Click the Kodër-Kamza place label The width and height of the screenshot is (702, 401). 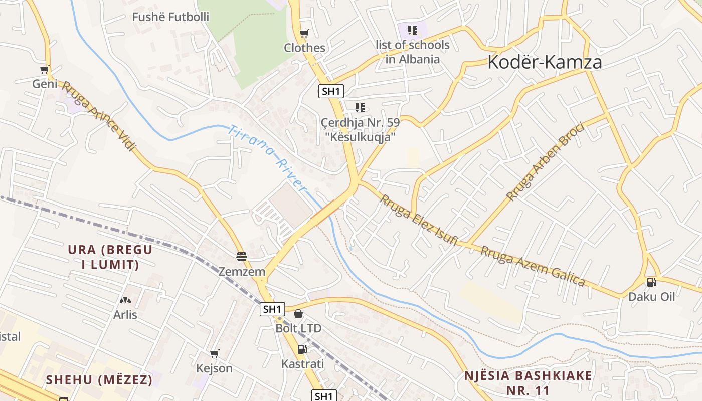coord(545,62)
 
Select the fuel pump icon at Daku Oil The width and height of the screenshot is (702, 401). coord(651,282)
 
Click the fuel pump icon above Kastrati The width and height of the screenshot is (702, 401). coord(302,349)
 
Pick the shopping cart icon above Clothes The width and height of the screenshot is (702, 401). coord(304,34)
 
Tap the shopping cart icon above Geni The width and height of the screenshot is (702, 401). coord(45,70)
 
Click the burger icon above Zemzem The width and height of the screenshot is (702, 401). coord(242,257)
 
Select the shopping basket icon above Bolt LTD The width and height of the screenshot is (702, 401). coord(298,314)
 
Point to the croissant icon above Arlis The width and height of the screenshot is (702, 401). coord(125,301)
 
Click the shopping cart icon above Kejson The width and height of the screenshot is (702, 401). coord(215,354)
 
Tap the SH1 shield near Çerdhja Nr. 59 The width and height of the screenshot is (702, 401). coord(331,91)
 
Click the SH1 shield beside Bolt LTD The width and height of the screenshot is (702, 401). coord(272,309)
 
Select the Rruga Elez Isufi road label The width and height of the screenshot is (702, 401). coord(418,220)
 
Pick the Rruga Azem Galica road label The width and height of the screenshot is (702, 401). coord(533,266)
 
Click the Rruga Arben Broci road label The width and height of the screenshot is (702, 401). coord(545,162)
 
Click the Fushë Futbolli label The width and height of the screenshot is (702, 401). coord(170,17)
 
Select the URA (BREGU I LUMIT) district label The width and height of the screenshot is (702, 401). coord(110,257)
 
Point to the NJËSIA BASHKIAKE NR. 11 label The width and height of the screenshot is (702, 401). coord(528,383)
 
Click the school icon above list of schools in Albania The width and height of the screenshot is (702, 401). coord(412,30)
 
